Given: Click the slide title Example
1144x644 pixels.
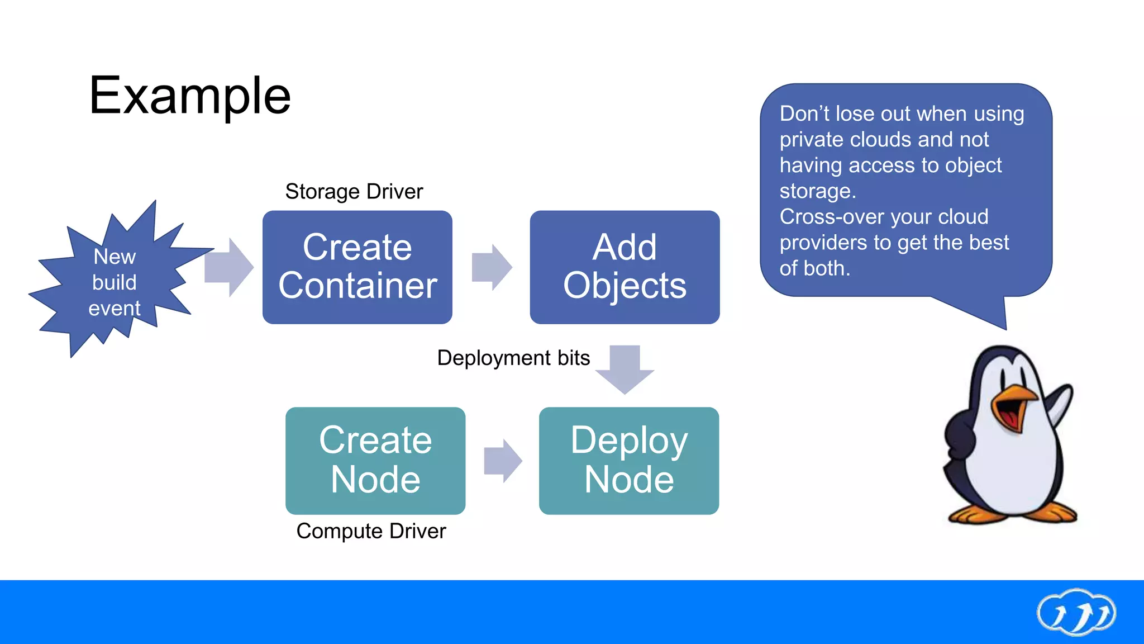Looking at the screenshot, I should coord(190,96).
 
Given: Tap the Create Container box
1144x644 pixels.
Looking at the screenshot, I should coord(357,267).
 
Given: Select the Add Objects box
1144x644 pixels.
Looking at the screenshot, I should coord(625,267).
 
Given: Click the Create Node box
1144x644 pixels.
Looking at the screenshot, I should coord(375,461).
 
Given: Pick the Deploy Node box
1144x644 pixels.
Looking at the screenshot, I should coord(629,461).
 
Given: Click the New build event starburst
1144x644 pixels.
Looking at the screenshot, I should coord(115,282).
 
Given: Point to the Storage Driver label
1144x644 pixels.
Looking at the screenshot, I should coord(354,192).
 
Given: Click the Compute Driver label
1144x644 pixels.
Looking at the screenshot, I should coord(371,531).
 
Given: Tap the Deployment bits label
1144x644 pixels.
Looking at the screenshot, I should coord(513,358).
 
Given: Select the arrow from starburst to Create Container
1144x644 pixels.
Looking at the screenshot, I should coord(229,267).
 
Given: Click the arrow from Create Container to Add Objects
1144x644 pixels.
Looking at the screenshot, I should coord(492,267).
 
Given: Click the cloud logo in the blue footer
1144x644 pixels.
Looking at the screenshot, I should coord(1076,612).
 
